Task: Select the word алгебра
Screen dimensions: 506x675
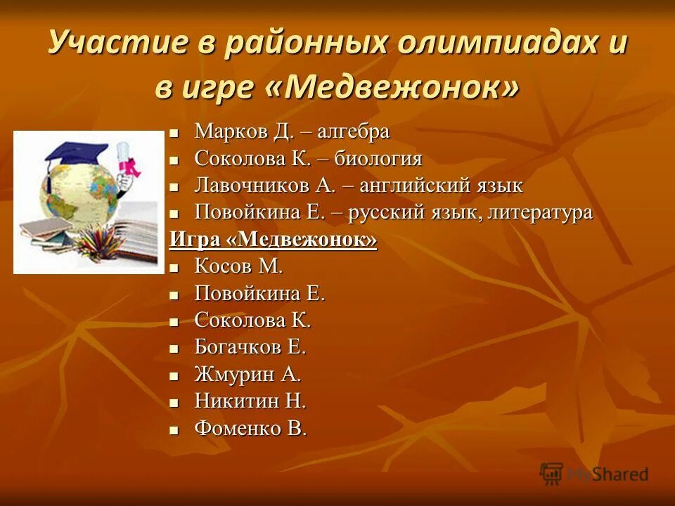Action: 354,131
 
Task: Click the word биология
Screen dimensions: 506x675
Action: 378,158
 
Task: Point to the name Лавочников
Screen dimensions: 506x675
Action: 252,186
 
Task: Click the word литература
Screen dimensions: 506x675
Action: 541,212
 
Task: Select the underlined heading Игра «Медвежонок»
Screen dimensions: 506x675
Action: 273,240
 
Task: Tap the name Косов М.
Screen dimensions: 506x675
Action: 238,266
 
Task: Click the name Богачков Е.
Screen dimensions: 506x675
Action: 250,347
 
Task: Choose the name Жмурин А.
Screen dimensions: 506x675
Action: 247,375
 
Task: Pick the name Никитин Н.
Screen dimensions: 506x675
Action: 250,401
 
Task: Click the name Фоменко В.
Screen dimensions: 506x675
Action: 250,429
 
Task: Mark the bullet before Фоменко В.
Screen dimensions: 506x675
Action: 175,430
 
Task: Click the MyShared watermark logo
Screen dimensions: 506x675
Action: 594,474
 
